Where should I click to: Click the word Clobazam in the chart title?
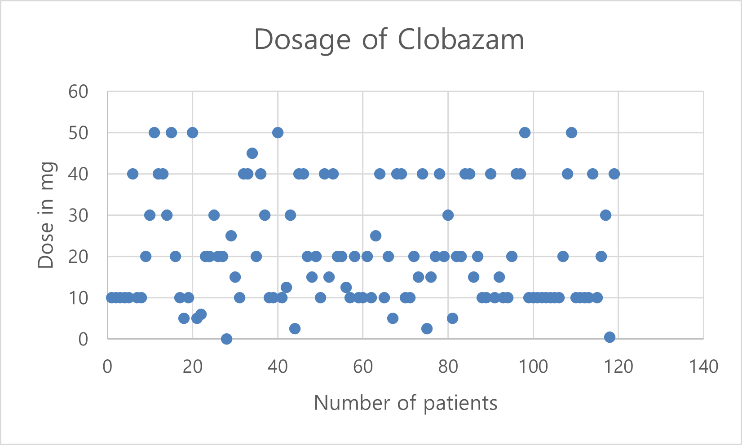[461, 39]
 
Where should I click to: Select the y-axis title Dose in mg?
[46, 215]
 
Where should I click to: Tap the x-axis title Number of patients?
[406, 402]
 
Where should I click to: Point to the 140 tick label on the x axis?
[703, 366]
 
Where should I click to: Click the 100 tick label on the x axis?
[533, 366]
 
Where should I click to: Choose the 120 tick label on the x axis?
[618, 366]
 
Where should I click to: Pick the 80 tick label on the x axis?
[448, 366]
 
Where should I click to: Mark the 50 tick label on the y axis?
[78, 133]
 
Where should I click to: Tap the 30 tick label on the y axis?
[78, 215]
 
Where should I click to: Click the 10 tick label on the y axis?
[78, 298]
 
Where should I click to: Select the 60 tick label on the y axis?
[78, 92]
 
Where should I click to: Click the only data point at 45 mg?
[252, 153]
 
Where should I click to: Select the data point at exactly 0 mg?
[226, 339]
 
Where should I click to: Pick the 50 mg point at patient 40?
[278, 133]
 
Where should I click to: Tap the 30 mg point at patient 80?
[448, 215]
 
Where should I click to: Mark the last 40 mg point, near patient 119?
[614, 174]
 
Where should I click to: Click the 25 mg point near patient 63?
[375, 236]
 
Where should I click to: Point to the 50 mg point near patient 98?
[525, 133]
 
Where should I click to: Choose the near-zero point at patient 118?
[609, 337]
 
